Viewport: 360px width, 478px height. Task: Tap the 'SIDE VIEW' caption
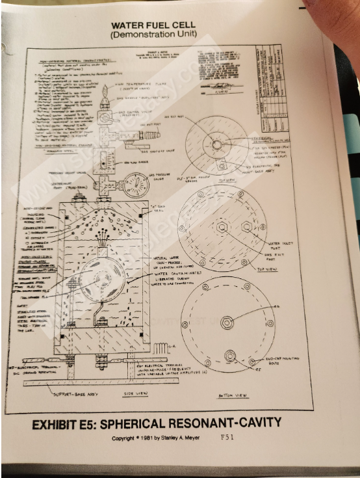pos(137,394)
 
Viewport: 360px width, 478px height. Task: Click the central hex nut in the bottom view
pos(227,323)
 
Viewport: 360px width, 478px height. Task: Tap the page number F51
pos(227,437)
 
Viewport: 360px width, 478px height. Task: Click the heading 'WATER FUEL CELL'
pos(153,25)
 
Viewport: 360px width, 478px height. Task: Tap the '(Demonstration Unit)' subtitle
pos(153,34)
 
